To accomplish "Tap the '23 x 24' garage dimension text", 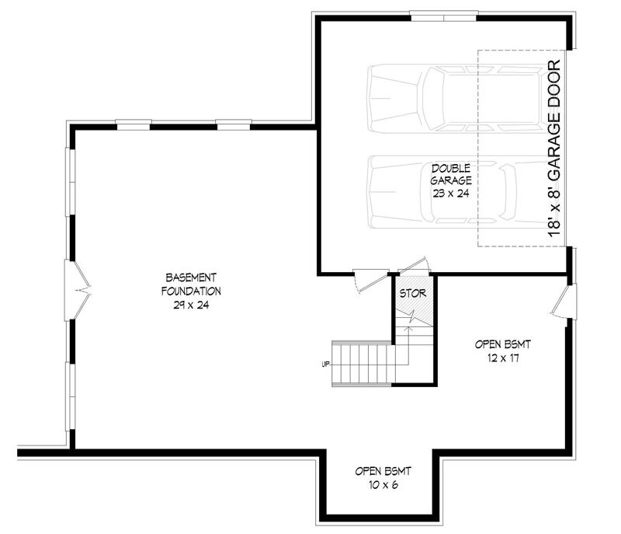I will click(x=451, y=193).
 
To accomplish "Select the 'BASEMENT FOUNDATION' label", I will click(x=191, y=284).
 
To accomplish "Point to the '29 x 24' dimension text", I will click(x=191, y=305).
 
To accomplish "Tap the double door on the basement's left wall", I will click(x=75, y=289).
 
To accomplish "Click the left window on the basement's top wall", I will click(x=133, y=124).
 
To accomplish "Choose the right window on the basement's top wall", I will click(x=234, y=124).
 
